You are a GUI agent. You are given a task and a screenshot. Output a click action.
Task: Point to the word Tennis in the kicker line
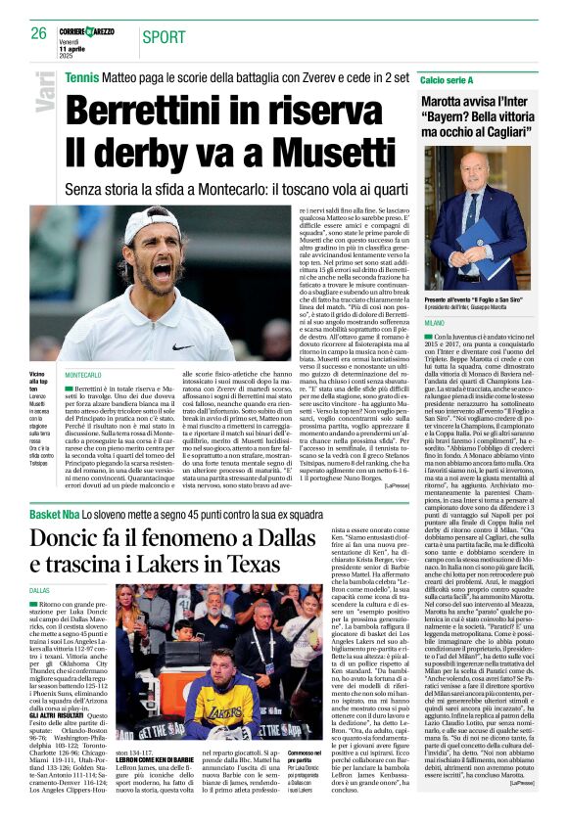pyautogui.click(x=82, y=76)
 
